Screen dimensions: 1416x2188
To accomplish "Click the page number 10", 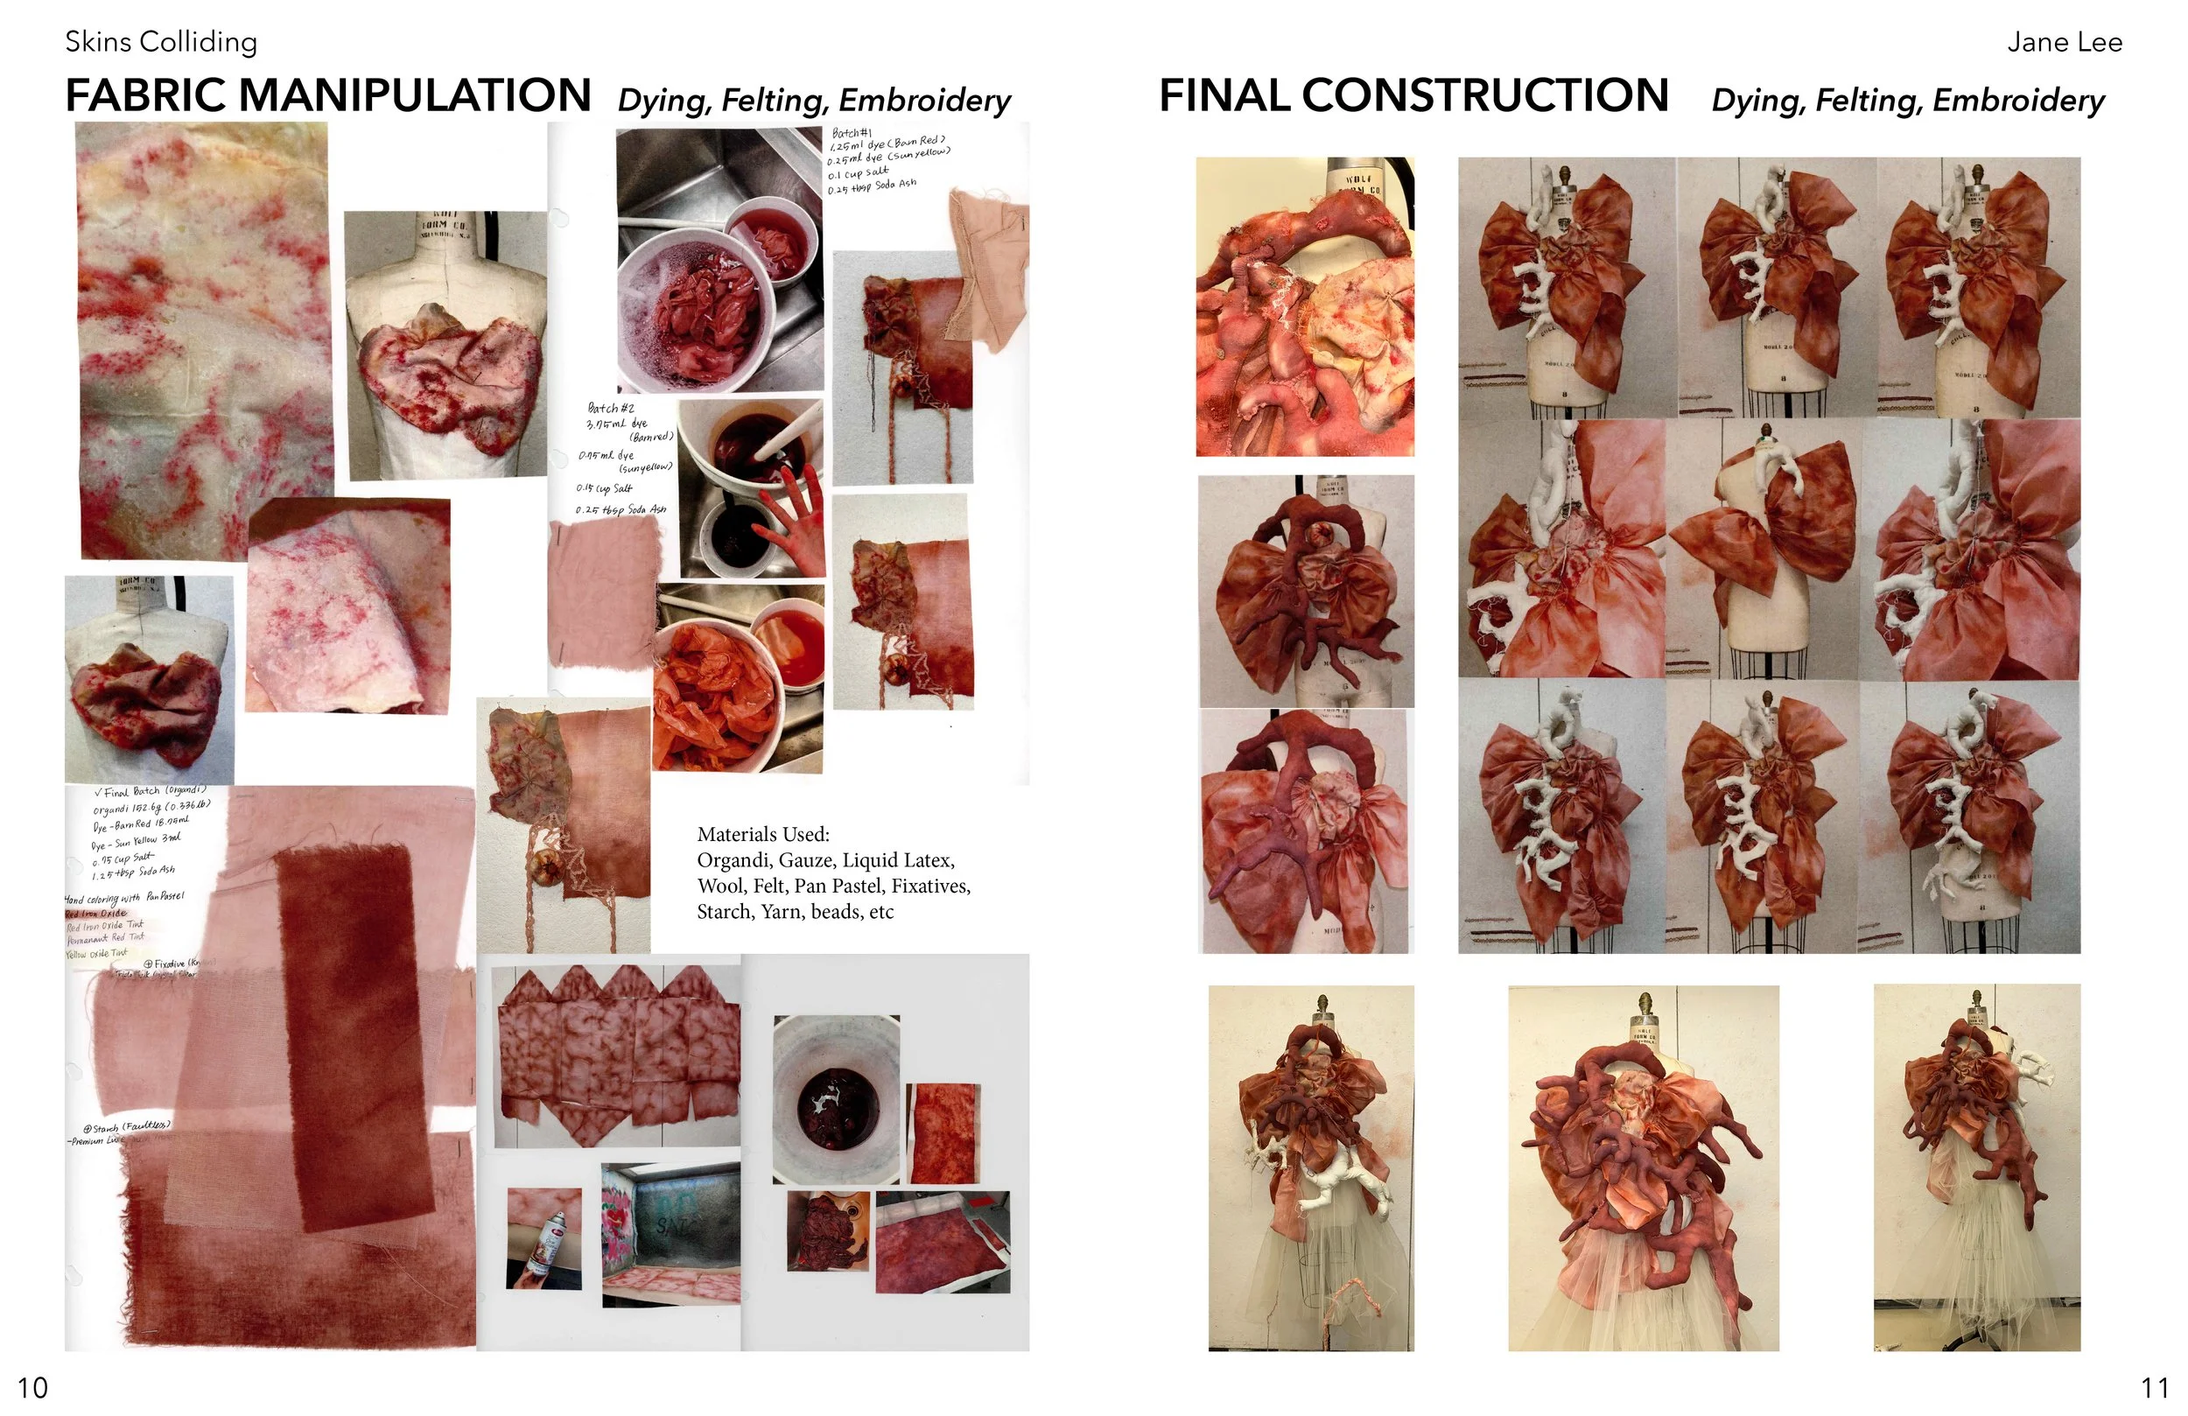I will [x=33, y=1386].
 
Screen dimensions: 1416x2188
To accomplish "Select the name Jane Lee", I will [x=2064, y=42].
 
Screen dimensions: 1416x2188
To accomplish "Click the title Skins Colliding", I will [x=161, y=42].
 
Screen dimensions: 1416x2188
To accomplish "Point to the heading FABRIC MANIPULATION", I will [x=328, y=95].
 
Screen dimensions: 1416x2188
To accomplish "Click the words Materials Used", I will [x=763, y=835].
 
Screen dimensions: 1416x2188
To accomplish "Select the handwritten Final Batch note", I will [x=151, y=792].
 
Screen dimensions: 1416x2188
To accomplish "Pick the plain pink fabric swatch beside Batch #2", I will [x=605, y=593].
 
